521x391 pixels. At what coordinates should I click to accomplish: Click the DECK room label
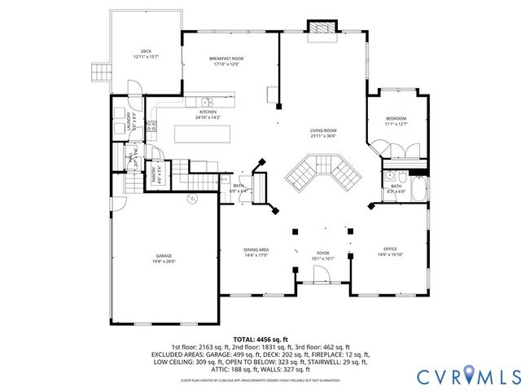(x=147, y=54)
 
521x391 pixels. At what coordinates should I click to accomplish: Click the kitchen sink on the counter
(x=208, y=102)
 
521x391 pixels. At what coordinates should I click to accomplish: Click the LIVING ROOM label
(x=322, y=133)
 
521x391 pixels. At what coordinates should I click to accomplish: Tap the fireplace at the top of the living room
(x=321, y=27)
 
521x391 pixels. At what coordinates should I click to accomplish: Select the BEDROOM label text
(x=395, y=121)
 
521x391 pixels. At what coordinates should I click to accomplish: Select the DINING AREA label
(x=256, y=251)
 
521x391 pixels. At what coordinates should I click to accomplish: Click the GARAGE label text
(x=164, y=259)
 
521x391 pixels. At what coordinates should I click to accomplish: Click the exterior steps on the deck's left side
(x=102, y=72)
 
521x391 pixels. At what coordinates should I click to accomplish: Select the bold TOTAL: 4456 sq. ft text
(x=260, y=339)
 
